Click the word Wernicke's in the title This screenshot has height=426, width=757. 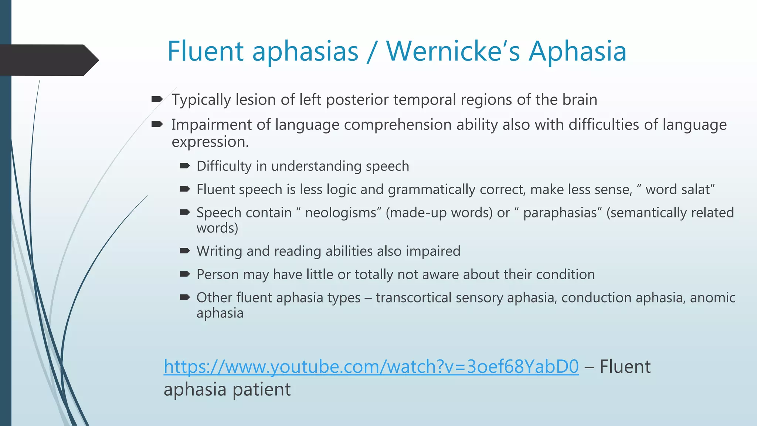point(453,51)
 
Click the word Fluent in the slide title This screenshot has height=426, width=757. point(205,51)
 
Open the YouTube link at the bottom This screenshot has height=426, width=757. point(371,366)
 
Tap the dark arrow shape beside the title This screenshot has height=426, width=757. point(48,60)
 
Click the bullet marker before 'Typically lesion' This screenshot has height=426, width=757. point(157,99)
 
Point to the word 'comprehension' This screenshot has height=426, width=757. point(398,125)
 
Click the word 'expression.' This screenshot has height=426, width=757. point(210,142)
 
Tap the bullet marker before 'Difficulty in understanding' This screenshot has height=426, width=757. point(184,166)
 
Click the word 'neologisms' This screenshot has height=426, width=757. point(340,213)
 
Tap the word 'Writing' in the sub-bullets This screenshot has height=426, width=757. point(219,251)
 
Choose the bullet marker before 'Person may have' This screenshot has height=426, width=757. point(184,274)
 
